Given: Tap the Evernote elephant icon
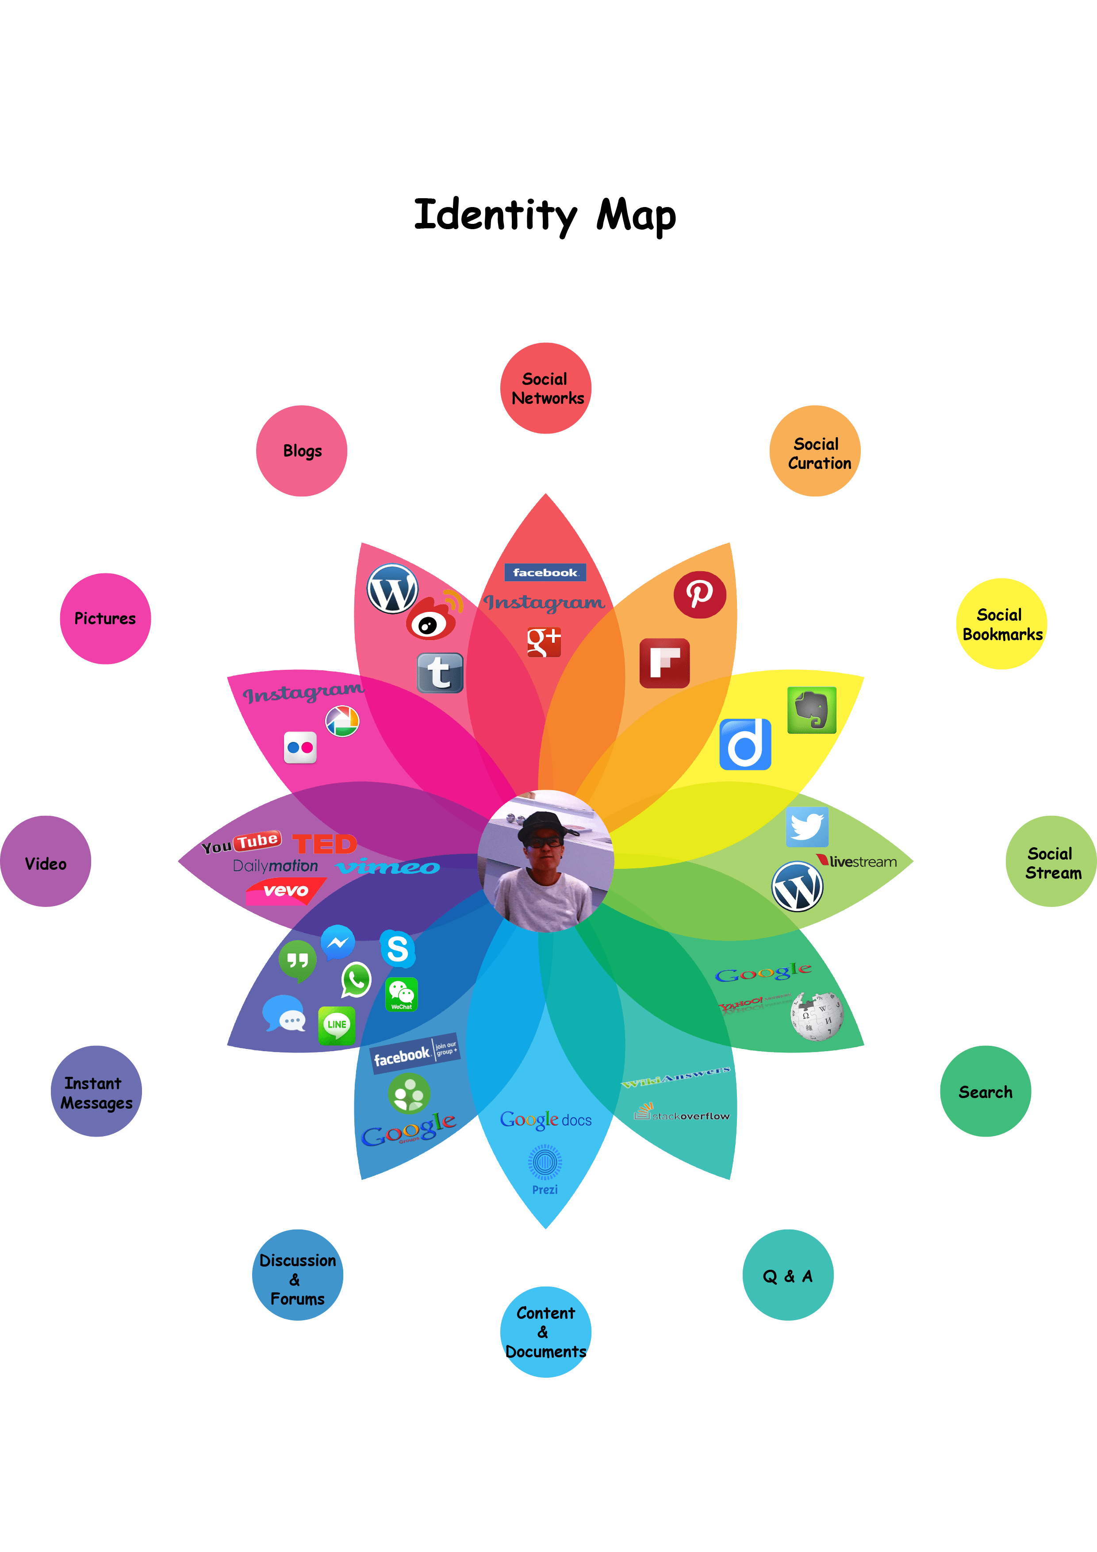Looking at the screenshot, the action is point(812,711).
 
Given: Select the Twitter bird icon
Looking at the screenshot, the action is point(807,826).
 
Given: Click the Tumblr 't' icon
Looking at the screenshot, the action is point(440,673).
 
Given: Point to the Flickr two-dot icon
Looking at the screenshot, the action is point(300,748).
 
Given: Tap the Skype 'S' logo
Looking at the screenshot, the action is point(397,949).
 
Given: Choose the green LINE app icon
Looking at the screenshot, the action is point(337,1025).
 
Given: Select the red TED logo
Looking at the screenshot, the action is point(324,844).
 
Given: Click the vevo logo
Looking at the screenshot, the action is point(286,890).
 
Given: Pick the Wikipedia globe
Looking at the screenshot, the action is point(817,1015).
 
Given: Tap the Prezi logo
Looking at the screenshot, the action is point(545,1169).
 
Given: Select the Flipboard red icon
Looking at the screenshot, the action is point(664,663).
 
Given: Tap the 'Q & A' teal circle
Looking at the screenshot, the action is point(787,1275).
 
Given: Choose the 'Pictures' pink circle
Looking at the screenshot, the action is point(105,618).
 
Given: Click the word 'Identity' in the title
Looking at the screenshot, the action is point(495,215).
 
